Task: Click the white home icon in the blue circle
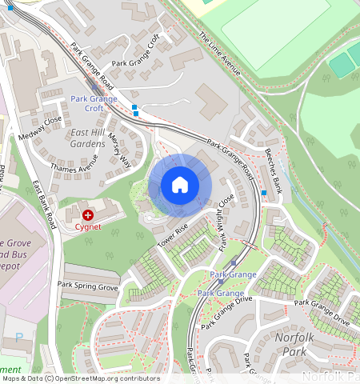180,185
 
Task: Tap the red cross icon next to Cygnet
87,214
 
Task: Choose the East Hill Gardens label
87,138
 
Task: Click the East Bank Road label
44,206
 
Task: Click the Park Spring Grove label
88,286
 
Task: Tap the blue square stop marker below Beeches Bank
264,193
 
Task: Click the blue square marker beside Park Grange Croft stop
134,107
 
